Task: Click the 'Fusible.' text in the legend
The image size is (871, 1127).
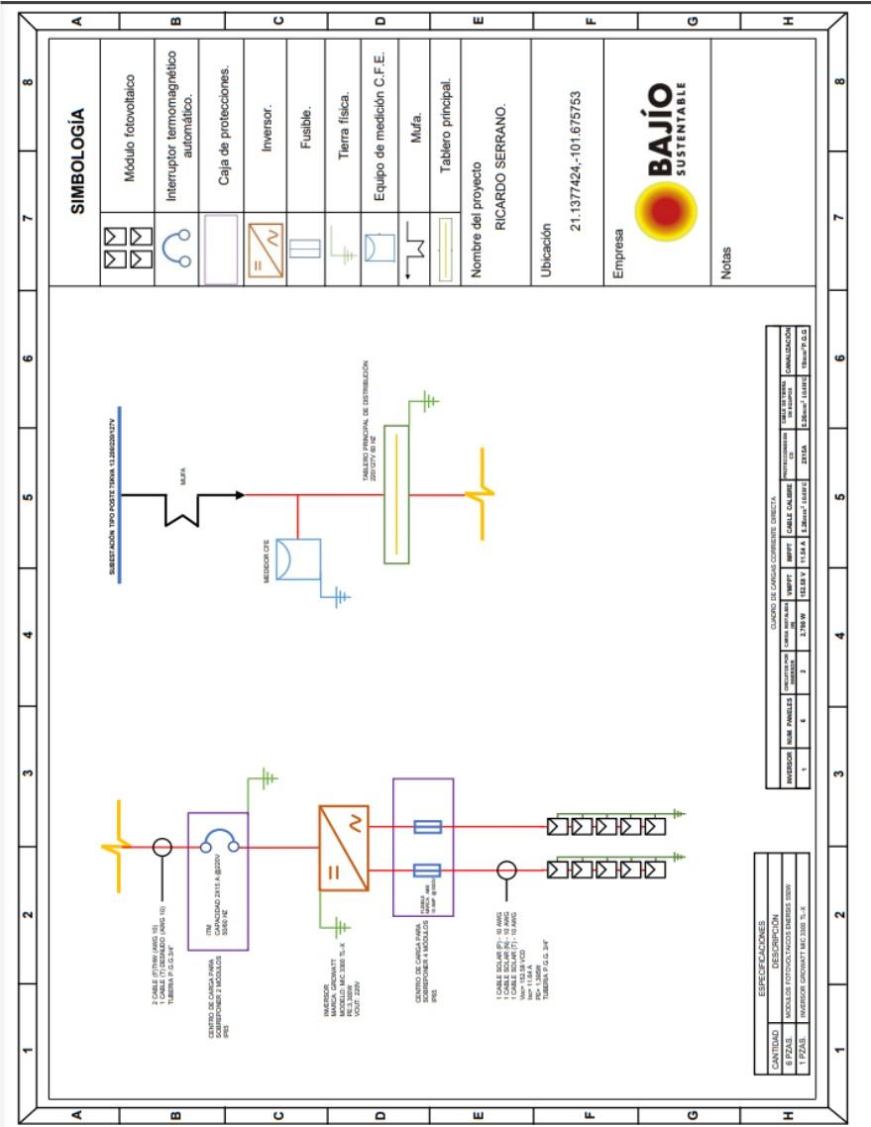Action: click(307, 154)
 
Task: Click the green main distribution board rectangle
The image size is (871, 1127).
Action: click(395, 495)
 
